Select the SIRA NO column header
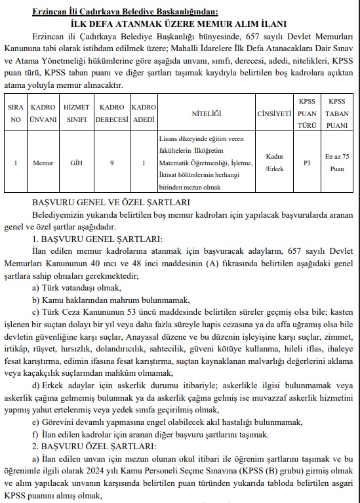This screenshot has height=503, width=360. (x=16, y=113)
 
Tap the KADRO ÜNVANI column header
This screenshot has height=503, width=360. (x=43, y=113)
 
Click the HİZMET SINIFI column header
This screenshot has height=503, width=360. (x=76, y=113)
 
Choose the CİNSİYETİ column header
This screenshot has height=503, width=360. (x=275, y=113)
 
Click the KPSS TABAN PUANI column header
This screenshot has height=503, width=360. (x=338, y=112)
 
